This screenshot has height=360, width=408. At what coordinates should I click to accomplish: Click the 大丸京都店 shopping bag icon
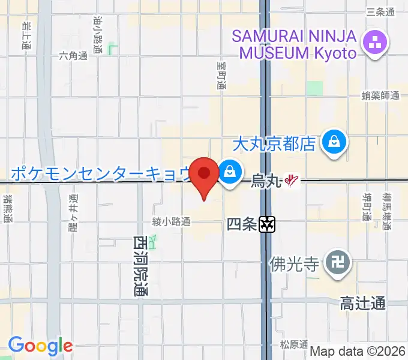331,143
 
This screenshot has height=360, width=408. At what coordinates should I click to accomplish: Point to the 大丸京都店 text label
274,144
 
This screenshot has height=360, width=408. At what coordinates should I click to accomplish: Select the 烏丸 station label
266,179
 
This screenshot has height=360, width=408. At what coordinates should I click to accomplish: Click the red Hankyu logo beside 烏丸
292,179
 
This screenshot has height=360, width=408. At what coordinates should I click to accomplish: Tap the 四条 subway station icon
268,224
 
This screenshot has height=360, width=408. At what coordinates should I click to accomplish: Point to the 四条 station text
241,224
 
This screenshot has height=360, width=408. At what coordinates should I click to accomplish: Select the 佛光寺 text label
293,263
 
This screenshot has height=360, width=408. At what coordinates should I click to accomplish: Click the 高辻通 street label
362,304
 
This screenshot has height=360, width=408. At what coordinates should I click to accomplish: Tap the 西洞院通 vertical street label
140,266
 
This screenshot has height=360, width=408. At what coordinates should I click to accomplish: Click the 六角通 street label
73,56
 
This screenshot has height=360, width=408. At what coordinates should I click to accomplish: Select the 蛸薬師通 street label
380,95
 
